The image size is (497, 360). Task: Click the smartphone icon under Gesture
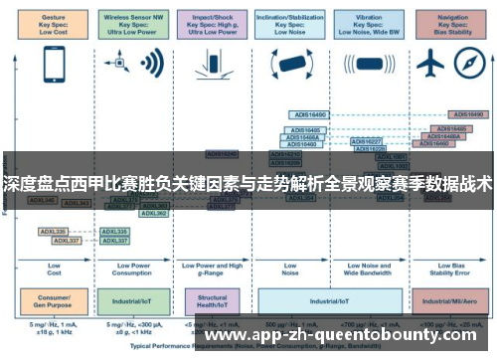pos(54,65)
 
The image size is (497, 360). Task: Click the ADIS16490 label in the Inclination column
pos(307,115)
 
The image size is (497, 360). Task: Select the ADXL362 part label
pos(154,213)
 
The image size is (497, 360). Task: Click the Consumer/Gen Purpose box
pos(54,298)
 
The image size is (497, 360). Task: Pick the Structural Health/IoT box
pos(213,298)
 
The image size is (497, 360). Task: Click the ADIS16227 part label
pos(367,141)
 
